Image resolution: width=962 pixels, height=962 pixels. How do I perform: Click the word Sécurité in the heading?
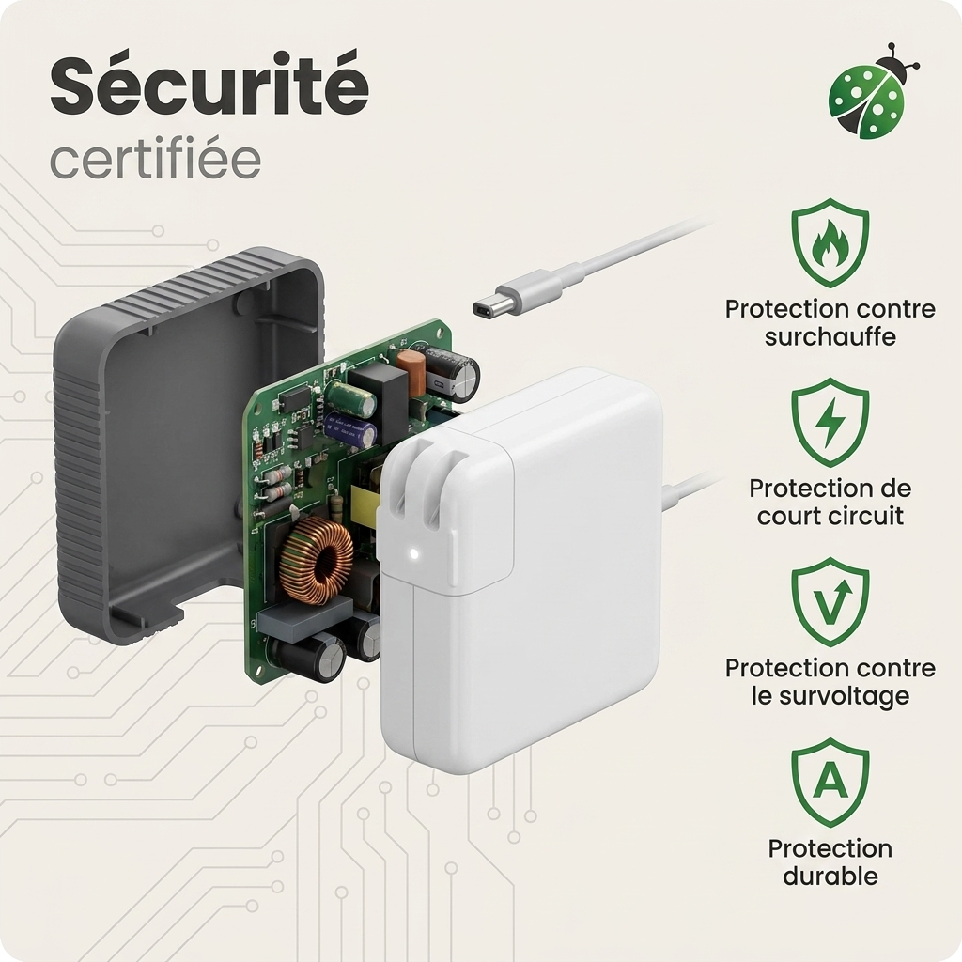click(x=209, y=85)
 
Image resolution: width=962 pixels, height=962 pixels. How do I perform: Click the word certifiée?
click(x=155, y=160)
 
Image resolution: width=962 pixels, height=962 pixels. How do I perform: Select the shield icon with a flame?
click(x=830, y=243)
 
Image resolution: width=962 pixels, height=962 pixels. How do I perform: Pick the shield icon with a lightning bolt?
click(x=830, y=423)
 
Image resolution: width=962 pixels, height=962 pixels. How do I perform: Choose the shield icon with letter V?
click(x=830, y=602)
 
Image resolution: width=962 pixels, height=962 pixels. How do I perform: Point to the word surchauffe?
click(x=830, y=337)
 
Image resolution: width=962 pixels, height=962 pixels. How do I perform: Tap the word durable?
click(x=830, y=876)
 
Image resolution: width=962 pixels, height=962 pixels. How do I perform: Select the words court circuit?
click(x=830, y=516)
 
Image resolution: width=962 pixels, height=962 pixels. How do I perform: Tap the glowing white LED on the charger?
click(x=413, y=554)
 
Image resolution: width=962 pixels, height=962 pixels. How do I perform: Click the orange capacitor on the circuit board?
click(x=411, y=373)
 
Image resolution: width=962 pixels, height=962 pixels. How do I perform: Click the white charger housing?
click(x=521, y=570)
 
